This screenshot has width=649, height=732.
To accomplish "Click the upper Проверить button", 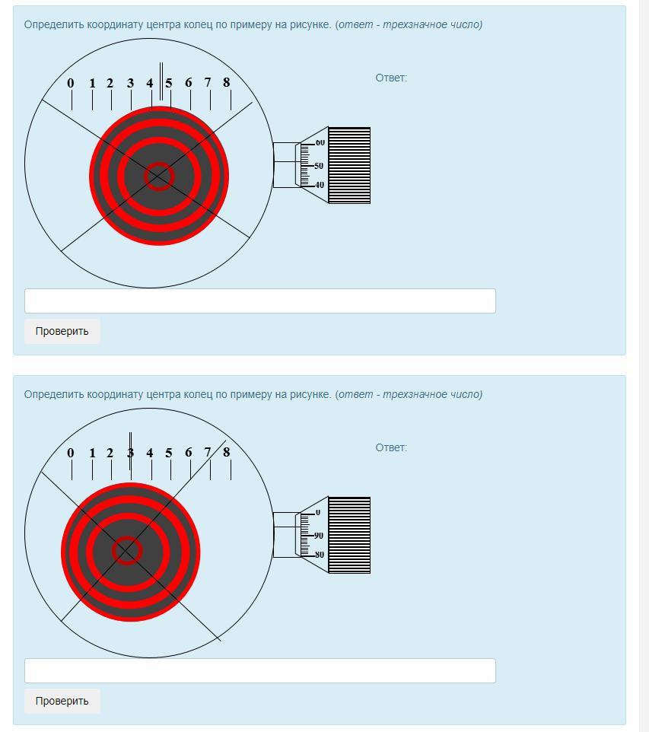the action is tap(62, 331).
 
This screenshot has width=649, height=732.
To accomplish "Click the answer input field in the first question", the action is tap(260, 301).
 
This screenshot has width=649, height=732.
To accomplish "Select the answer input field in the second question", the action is tap(260, 670).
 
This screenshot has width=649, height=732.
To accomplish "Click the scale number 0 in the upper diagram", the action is tap(71, 83).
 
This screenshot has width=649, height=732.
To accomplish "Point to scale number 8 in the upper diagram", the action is tap(227, 83).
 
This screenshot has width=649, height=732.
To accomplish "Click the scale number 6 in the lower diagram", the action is tap(188, 453).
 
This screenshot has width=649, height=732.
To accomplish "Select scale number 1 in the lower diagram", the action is tap(93, 453).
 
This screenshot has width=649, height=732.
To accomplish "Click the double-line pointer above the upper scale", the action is tap(161, 81).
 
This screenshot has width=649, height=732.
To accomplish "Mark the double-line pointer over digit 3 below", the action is tap(130, 451).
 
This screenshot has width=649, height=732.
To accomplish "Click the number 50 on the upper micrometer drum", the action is tap(319, 166).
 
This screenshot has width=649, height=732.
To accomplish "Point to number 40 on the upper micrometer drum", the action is tap(320, 185).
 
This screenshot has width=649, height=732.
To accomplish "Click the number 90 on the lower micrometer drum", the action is tap(319, 536).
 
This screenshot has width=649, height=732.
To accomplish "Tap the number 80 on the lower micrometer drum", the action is tap(320, 555).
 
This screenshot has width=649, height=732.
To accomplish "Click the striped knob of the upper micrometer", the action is tap(349, 165).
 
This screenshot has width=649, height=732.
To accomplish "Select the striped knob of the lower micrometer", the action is tap(349, 535).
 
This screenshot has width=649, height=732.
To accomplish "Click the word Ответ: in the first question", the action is tap(391, 78).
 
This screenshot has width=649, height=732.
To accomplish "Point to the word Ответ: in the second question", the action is tap(391, 447).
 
